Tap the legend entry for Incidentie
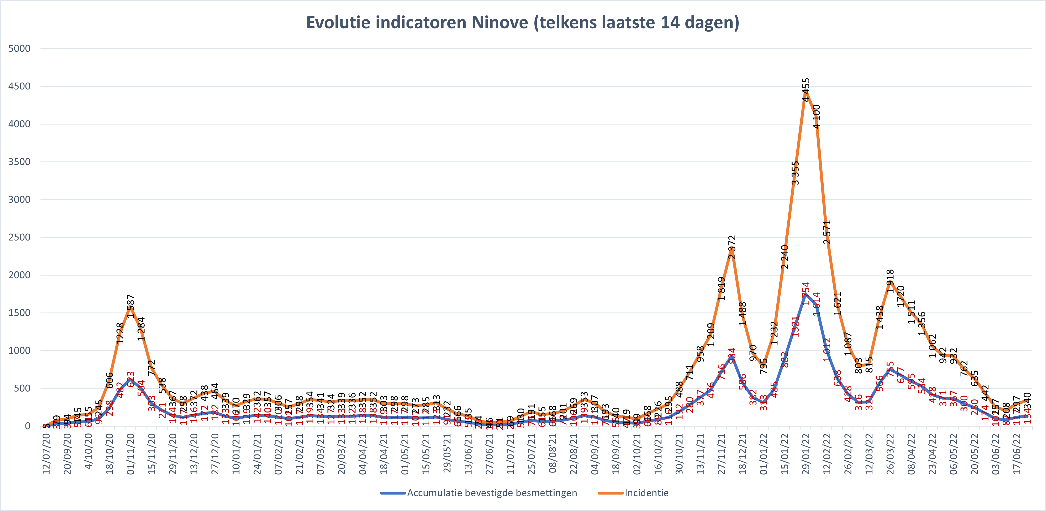point(646,493)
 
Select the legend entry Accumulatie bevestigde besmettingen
point(492,493)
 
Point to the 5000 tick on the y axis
point(19,48)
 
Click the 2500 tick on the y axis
point(19,237)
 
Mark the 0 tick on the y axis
point(27,426)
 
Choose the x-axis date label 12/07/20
point(46,454)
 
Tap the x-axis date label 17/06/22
point(1017,454)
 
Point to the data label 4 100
point(816,117)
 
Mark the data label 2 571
point(827,232)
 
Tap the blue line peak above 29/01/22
point(806,294)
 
